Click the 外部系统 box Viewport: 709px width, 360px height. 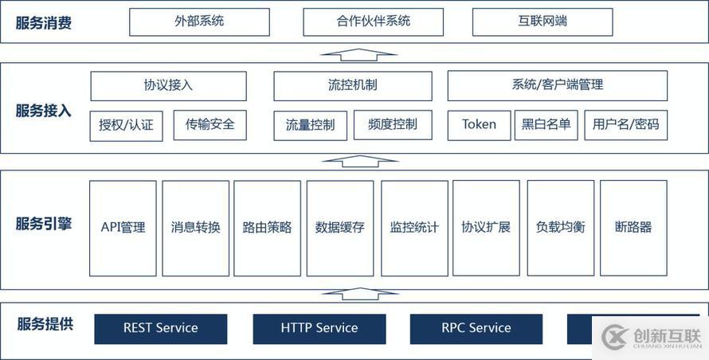pyautogui.click(x=199, y=22)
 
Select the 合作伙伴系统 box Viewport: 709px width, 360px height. pyautogui.click(x=373, y=22)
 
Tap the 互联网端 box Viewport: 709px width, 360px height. pyautogui.click(x=543, y=22)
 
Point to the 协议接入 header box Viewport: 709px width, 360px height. pyautogui.click(x=168, y=85)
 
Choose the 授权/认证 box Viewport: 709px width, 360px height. pyautogui.click(x=126, y=125)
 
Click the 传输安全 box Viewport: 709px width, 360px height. pyautogui.click(x=210, y=124)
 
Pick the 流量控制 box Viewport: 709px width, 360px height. pyautogui.click(x=310, y=125)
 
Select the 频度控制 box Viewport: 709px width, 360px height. pyautogui.click(x=393, y=124)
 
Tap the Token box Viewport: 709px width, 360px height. pyautogui.click(x=479, y=125)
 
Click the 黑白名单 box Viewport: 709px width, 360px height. pyautogui.click(x=546, y=125)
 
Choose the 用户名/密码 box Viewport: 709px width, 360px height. pyautogui.click(x=625, y=125)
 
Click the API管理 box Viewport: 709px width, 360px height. pyautogui.click(x=123, y=228)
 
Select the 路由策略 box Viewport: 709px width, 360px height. pyautogui.click(x=267, y=228)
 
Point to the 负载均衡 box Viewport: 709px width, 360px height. pyautogui.click(x=560, y=228)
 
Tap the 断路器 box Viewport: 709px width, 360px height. pyautogui.click(x=633, y=228)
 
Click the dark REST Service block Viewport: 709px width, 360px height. pyautogui.click(x=160, y=328)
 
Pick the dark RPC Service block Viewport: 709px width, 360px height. pyautogui.click(x=476, y=328)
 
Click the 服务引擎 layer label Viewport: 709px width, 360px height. pyautogui.click(x=44, y=224)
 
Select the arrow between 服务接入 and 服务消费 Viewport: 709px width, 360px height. pyautogui.click(x=358, y=54)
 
